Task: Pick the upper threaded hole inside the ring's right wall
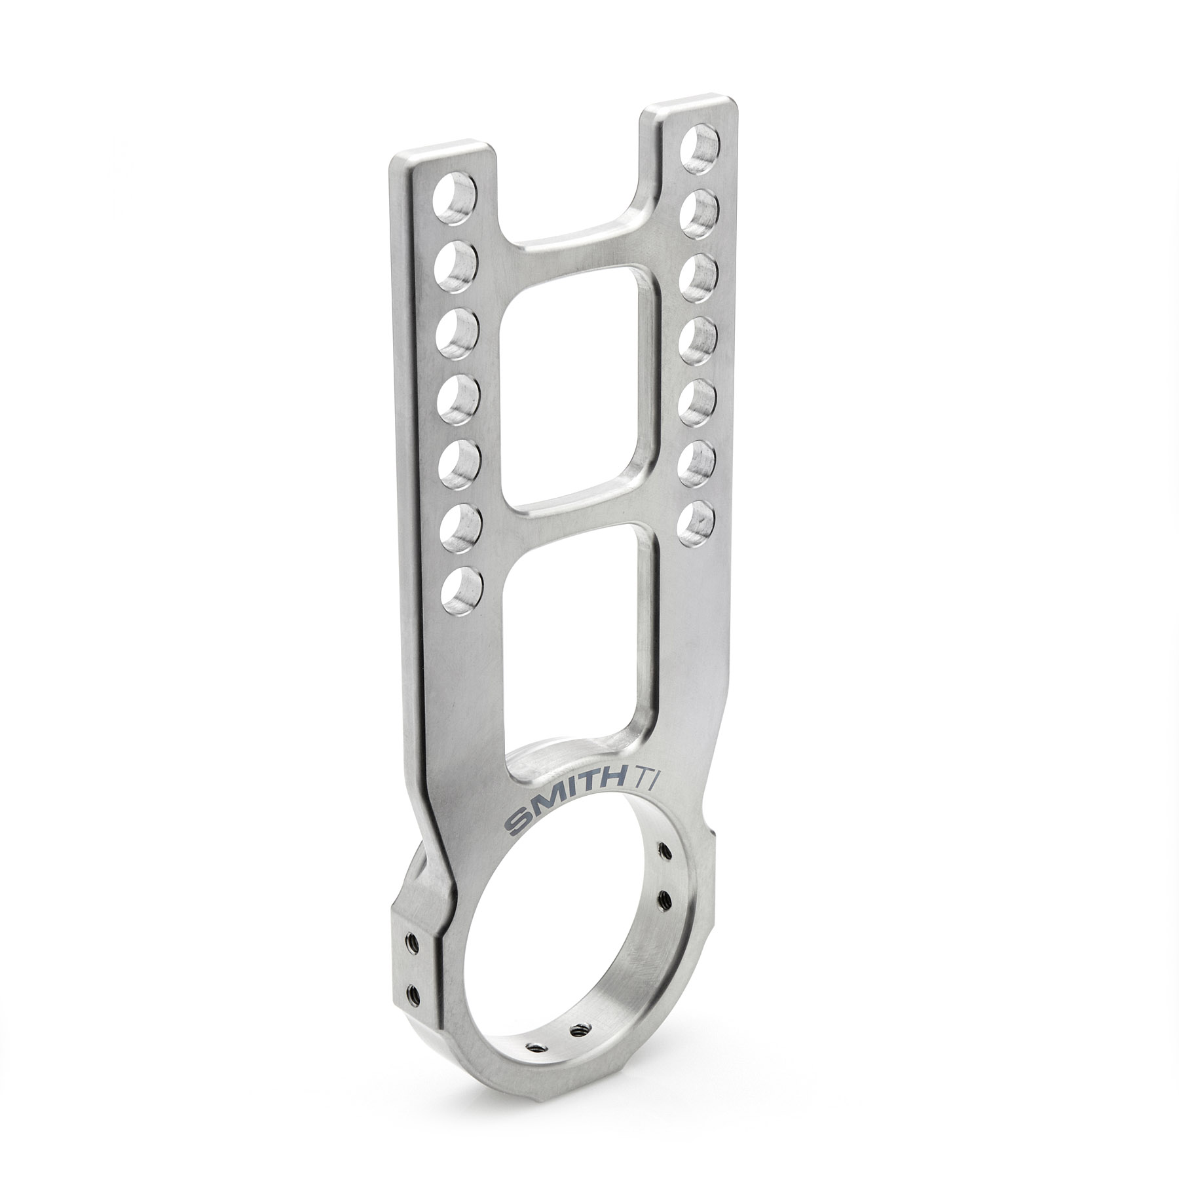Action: click(x=666, y=851)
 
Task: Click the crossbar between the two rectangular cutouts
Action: click(x=576, y=517)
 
